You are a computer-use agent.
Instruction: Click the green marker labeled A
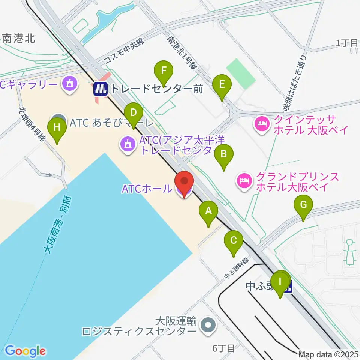(x=208, y=213)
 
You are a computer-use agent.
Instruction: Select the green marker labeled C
(x=234, y=242)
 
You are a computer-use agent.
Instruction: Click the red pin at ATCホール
(x=184, y=183)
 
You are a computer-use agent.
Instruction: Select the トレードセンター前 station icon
(x=100, y=89)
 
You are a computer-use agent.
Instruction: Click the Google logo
(x=25, y=351)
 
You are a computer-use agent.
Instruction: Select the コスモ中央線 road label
(x=123, y=52)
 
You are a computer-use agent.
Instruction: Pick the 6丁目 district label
(x=223, y=348)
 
